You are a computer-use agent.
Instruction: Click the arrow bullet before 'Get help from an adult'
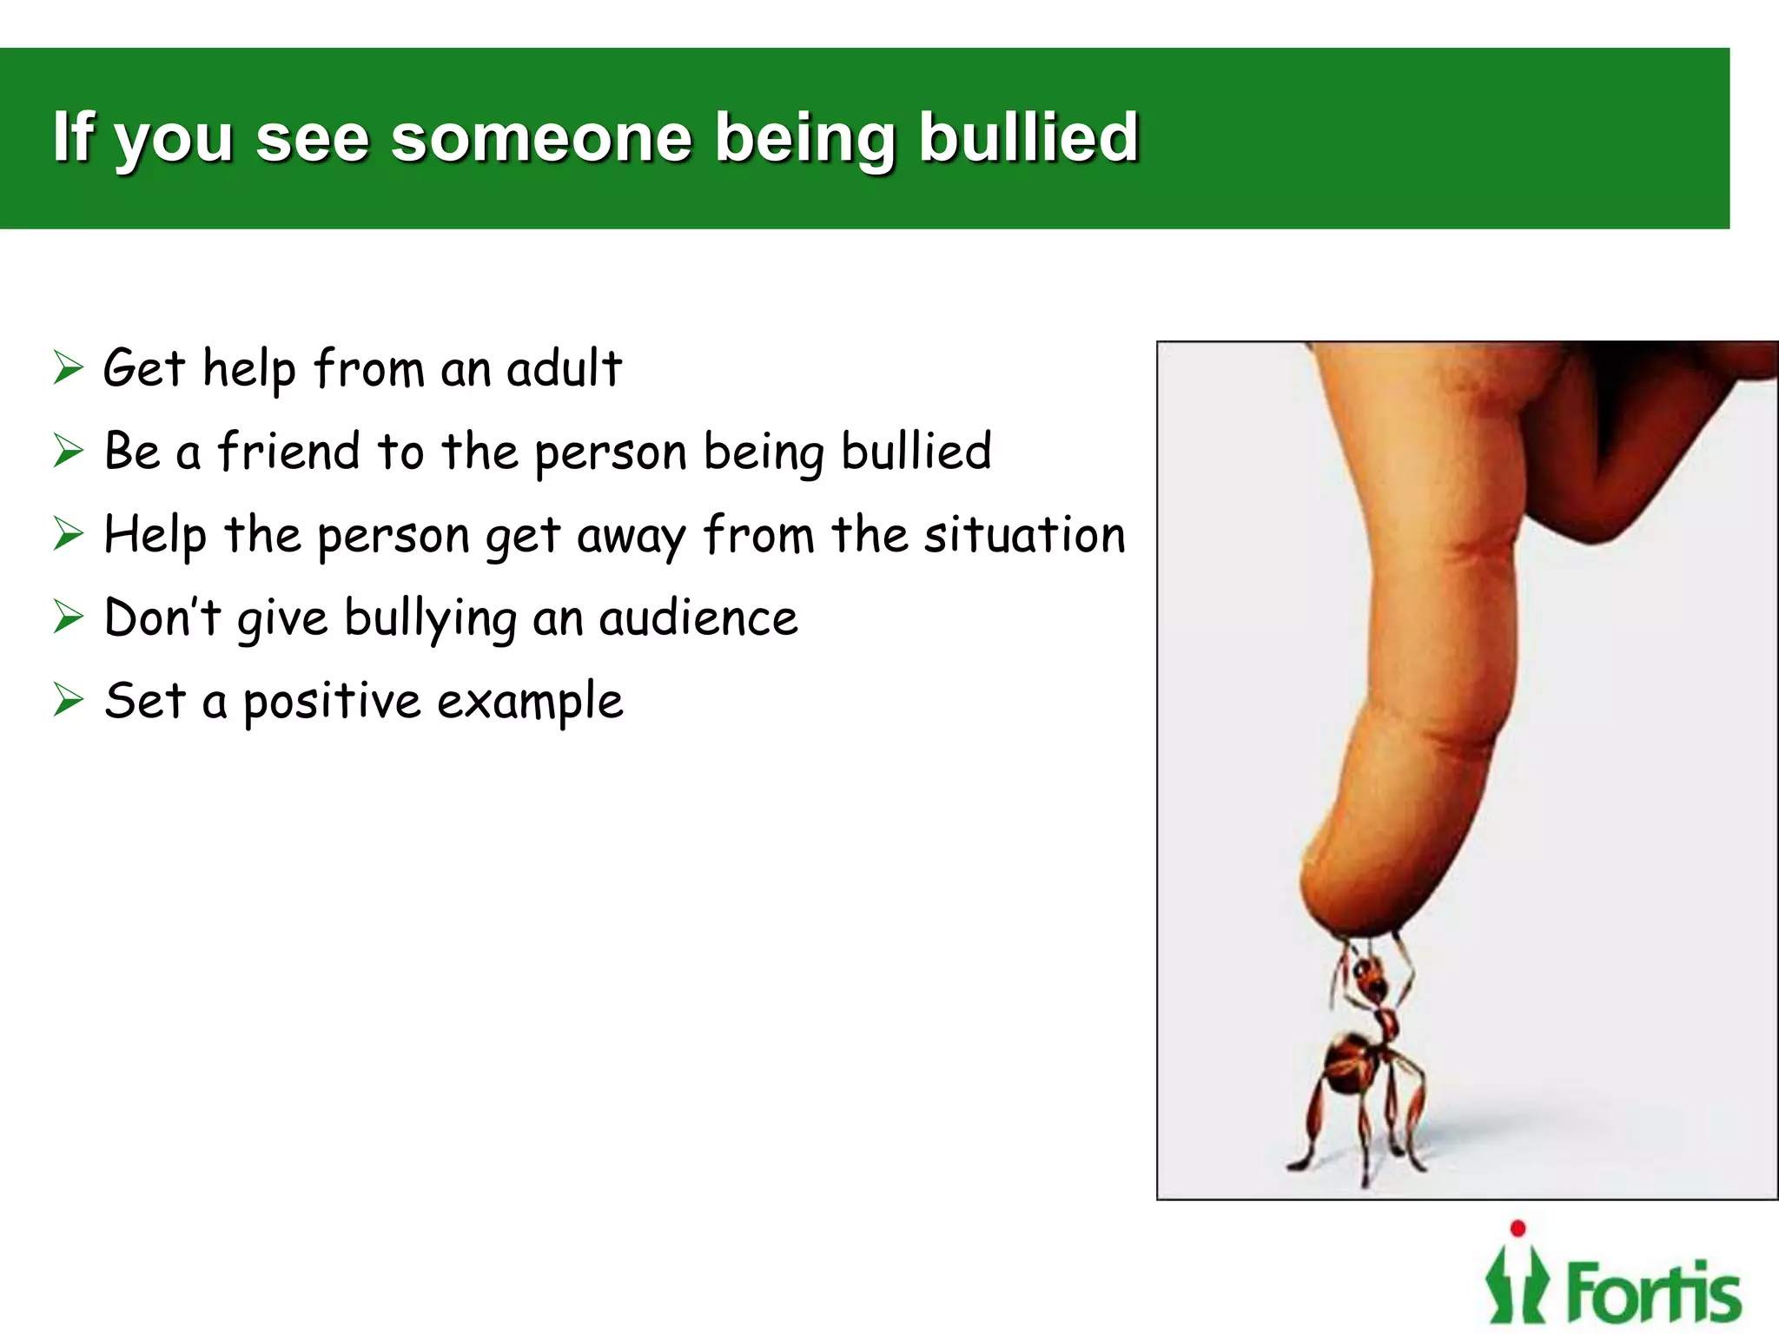pos(68,367)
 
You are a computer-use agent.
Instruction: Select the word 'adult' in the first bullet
pos(564,368)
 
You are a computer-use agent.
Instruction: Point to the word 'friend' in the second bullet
pos(288,451)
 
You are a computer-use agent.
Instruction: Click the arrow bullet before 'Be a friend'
pos(68,451)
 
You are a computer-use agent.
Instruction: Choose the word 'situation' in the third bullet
pos(1024,534)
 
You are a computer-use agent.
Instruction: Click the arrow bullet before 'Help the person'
pos(68,534)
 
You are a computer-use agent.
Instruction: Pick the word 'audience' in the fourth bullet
pos(698,617)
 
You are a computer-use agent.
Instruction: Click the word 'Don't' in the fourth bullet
pos(162,617)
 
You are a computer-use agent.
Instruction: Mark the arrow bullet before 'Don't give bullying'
pos(68,617)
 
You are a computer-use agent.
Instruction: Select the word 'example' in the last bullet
pos(530,702)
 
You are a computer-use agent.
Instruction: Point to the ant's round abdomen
pos(1346,1061)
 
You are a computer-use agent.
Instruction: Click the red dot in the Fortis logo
pos(1518,1228)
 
